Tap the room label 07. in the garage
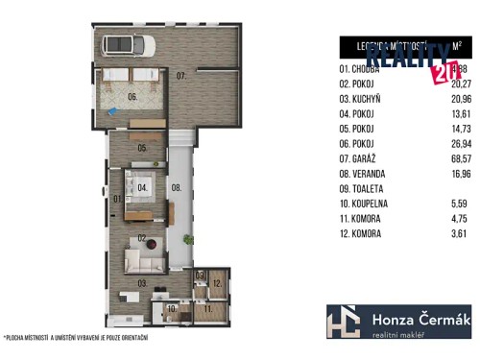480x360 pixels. point(180,74)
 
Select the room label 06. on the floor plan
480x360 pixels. point(134,97)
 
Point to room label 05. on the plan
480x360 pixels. point(141,148)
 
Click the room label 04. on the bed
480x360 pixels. point(142,187)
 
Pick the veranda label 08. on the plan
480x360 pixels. point(177,188)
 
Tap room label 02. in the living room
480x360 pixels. point(141,237)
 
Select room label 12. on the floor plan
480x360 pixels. point(217,283)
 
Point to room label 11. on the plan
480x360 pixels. point(207,310)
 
